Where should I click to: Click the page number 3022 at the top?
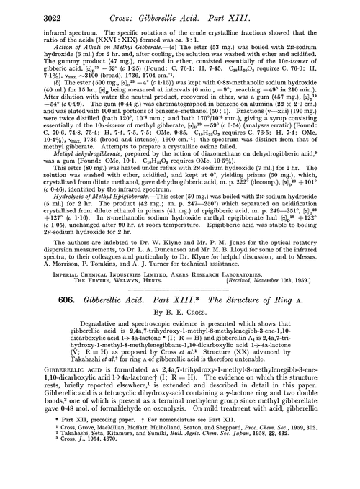(27, 12)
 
